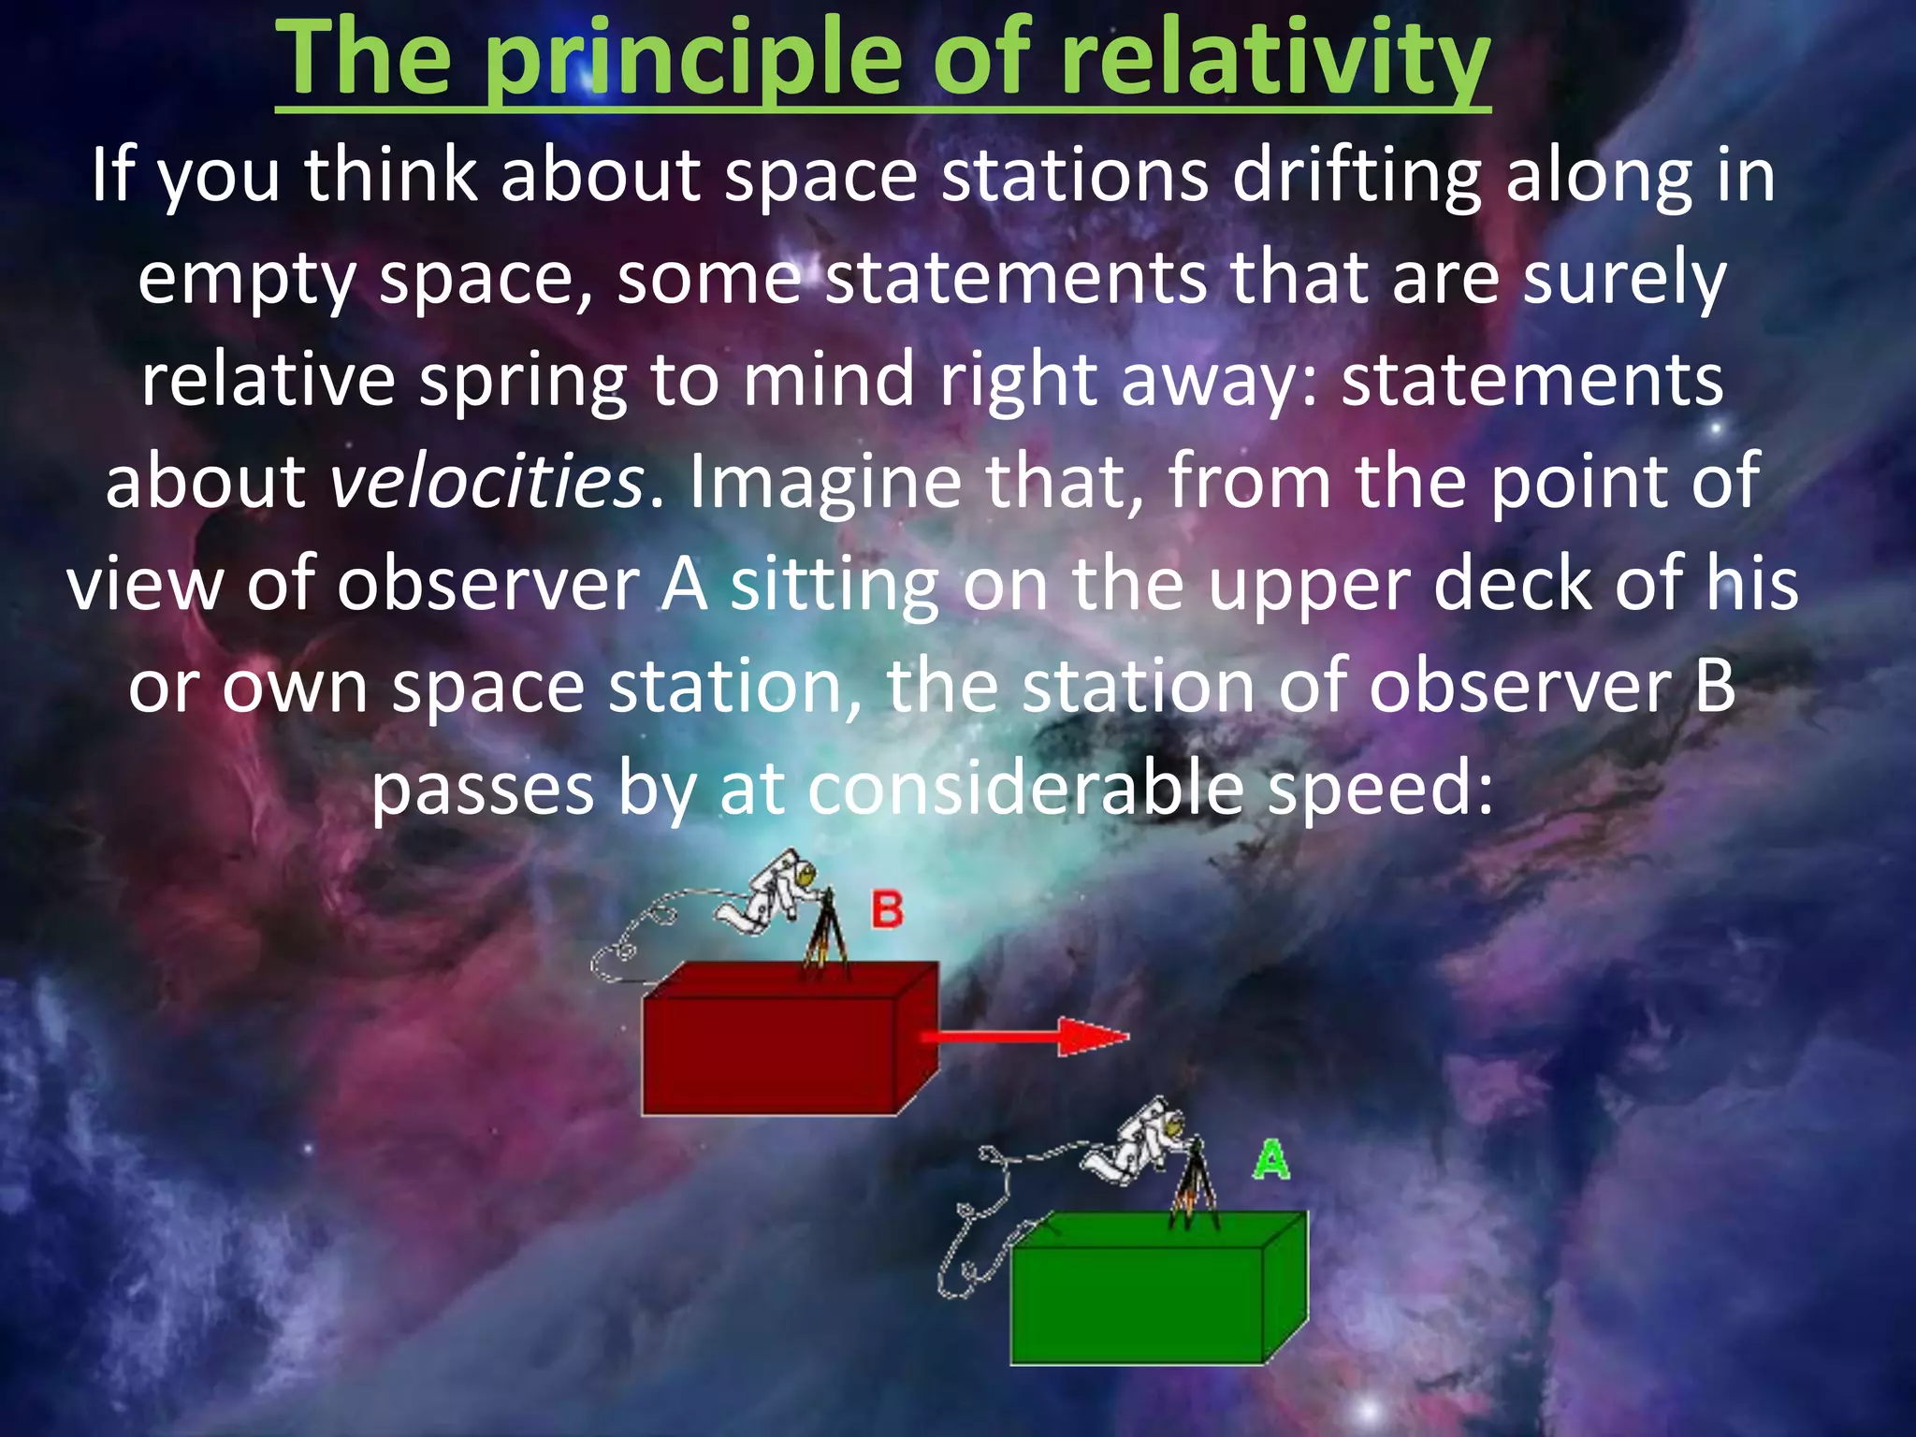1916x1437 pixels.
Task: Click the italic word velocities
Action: [x=486, y=482]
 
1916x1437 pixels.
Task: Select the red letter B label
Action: [x=887, y=909]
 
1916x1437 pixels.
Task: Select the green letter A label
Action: [x=1271, y=1161]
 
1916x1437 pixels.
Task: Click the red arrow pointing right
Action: [x=1024, y=1037]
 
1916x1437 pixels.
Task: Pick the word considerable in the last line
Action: [x=1025, y=789]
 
